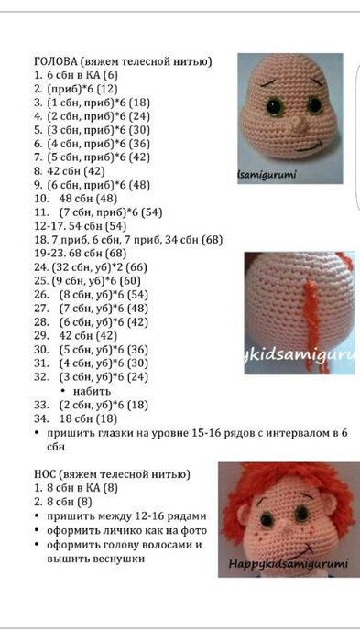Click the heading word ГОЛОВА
click(x=58, y=61)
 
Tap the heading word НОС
click(x=48, y=474)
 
